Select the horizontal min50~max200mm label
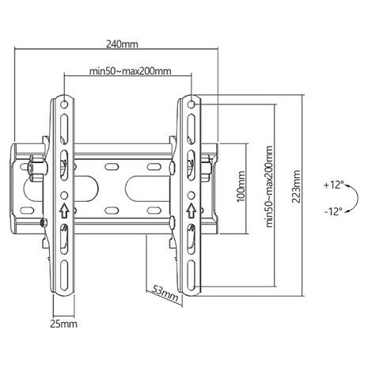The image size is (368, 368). point(130,72)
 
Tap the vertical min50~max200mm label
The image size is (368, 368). point(269,187)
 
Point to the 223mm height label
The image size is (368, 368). point(296,188)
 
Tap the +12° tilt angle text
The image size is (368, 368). point(332,184)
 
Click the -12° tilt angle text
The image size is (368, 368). point(332,211)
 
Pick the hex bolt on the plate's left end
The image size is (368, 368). point(34,168)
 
